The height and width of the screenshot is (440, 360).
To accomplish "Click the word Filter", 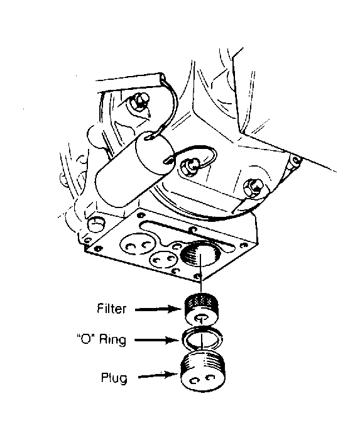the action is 111,309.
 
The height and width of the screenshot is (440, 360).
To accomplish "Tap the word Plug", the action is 114,377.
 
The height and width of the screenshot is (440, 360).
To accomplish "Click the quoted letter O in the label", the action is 87,339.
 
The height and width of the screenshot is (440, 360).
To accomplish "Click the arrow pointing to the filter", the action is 159,309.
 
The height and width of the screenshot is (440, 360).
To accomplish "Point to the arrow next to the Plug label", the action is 158,375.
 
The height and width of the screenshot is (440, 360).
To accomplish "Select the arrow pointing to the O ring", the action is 158,341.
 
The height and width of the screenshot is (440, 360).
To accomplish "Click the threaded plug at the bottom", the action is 203,371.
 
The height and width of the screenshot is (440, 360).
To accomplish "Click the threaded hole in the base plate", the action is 199,254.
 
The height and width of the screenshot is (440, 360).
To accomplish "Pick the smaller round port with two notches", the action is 165,259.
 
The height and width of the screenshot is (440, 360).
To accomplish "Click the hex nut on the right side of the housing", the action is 253,187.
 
